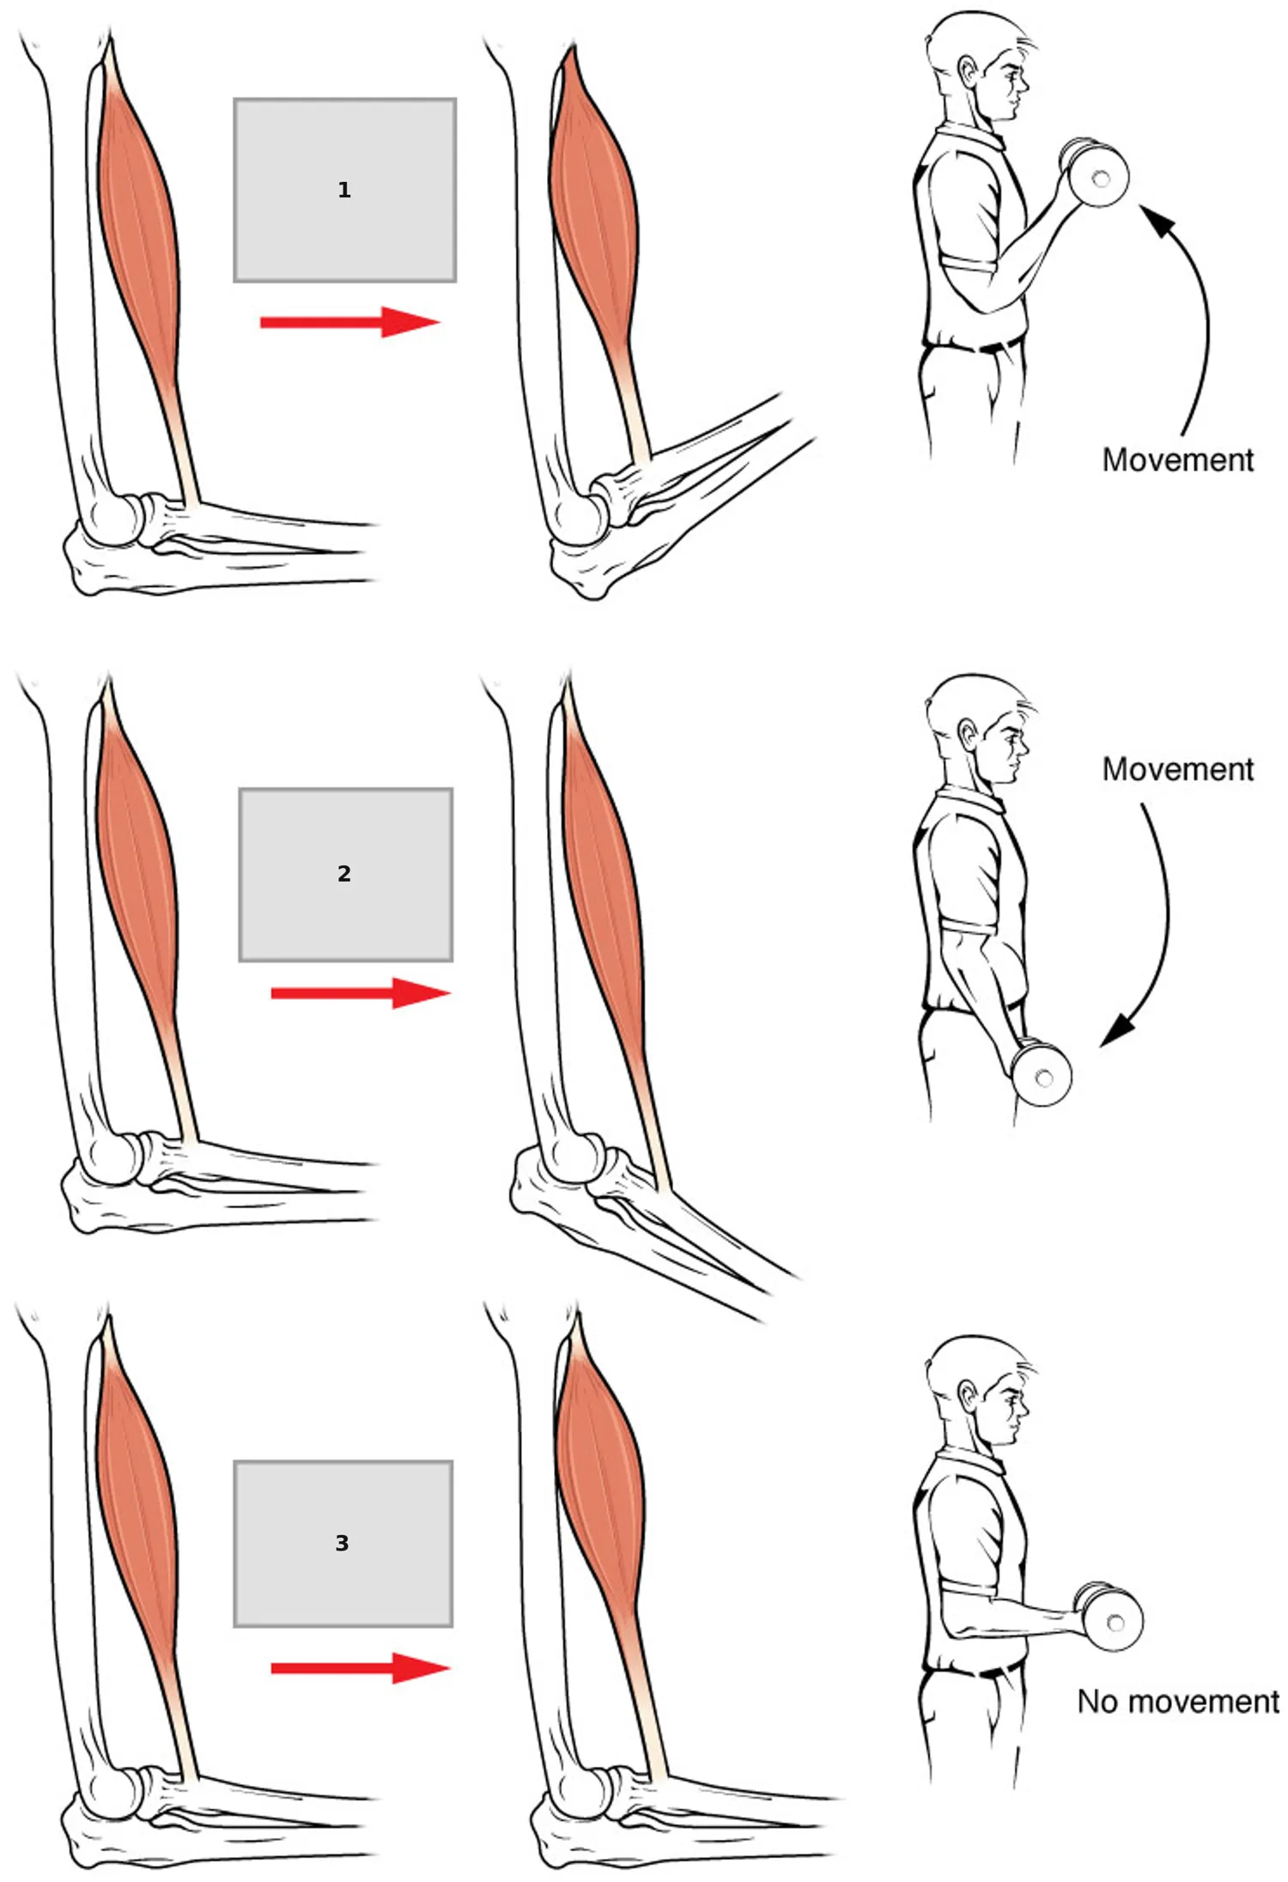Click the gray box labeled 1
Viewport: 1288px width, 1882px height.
(x=344, y=190)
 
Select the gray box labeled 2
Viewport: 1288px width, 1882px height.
(x=345, y=874)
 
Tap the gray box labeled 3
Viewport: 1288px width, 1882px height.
(x=343, y=1544)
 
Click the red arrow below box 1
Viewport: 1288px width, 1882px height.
(x=350, y=322)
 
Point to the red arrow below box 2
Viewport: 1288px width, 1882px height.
(x=361, y=993)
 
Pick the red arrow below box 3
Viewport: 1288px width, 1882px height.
(x=361, y=1668)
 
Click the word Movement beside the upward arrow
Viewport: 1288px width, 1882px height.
(x=1177, y=460)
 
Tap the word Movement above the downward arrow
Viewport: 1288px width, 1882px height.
(x=1177, y=769)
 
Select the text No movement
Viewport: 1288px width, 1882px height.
(x=1178, y=1702)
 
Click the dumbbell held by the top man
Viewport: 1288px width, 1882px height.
(x=1094, y=172)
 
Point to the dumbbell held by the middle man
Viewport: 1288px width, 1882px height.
(x=1040, y=1072)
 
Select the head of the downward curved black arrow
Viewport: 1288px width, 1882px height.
(x=1117, y=1030)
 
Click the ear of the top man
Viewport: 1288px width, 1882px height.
(x=969, y=72)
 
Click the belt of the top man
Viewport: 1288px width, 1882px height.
(x=975, y=346)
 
